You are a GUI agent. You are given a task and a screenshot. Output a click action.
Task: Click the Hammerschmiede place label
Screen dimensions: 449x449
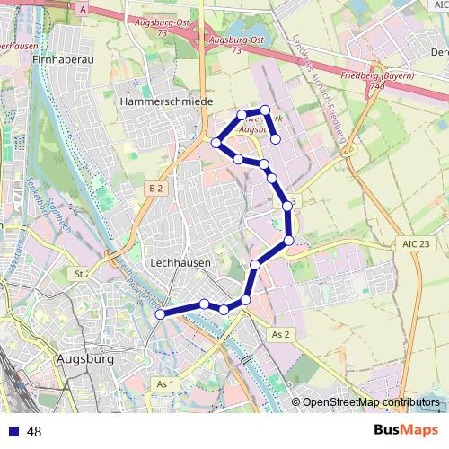point(166,103)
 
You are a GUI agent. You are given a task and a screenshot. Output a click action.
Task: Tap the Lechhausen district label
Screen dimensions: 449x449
point(180,263)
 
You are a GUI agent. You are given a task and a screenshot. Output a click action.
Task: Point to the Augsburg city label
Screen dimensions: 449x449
point(84,359)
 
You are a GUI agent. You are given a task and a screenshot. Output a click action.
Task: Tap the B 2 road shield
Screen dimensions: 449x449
point(156,188)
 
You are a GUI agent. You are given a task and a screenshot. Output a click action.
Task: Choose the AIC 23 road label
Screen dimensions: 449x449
point(411,244)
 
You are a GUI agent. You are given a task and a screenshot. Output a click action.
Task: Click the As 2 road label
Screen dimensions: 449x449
point(280,334)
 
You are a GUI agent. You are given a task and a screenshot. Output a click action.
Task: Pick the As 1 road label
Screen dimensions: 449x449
point(164,384)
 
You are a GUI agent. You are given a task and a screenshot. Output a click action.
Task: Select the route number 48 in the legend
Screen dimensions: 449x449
point(34,432)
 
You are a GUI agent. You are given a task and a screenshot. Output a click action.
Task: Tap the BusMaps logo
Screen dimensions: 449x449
point(406,430)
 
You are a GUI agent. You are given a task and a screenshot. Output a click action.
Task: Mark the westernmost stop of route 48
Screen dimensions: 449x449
point(161,314)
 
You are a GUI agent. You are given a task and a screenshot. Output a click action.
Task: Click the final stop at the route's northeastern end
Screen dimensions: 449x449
point(276,139)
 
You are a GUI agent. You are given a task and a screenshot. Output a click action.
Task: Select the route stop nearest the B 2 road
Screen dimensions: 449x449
point(216,143)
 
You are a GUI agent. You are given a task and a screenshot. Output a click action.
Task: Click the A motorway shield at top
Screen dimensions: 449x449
point(83,8)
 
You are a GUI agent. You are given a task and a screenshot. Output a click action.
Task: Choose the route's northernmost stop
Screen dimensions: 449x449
point(264,110)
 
